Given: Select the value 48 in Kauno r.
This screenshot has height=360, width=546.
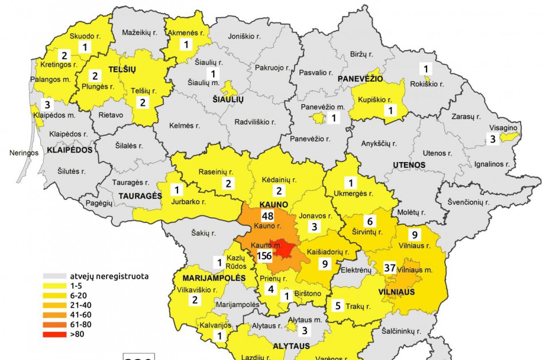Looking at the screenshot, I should [267, 216].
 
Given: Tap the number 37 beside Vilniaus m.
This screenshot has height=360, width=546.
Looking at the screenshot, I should [390, 267].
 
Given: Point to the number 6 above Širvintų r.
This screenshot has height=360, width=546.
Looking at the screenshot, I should [370, 221].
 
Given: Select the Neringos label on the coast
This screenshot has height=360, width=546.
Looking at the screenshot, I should [23, 154].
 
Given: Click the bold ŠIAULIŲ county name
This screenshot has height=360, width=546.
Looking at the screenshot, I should [229, 99].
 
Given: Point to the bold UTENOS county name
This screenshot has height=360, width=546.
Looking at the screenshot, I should [409, 165].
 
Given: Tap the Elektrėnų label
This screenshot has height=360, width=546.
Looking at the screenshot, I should [357, 270].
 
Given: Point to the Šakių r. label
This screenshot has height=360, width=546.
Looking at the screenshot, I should [205, 233].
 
